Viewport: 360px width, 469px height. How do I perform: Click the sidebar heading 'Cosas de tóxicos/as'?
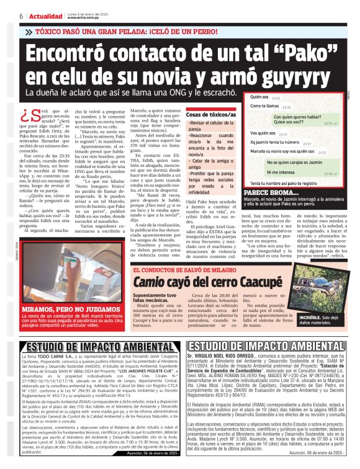pyautogui.click(x=211, y=115)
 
